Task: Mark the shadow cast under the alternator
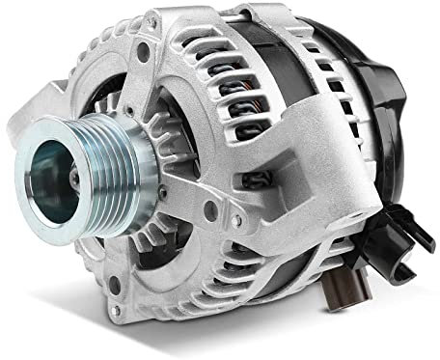[x=241, y=338]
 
